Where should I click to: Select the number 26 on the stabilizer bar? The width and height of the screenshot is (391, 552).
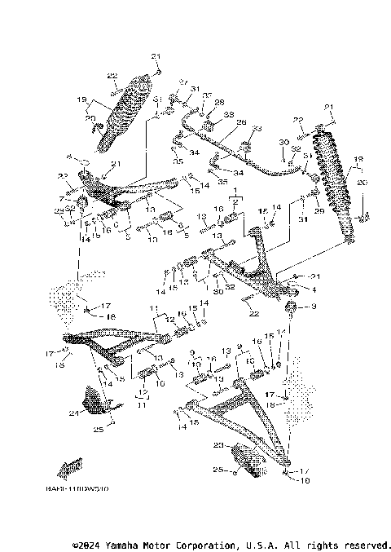(240, 122)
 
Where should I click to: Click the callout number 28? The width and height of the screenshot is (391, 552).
(218, 102)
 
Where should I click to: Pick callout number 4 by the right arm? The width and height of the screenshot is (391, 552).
(313, 289)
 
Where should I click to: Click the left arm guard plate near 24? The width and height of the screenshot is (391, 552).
(96, 401)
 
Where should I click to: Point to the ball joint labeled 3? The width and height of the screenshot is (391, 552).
(291, 307)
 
